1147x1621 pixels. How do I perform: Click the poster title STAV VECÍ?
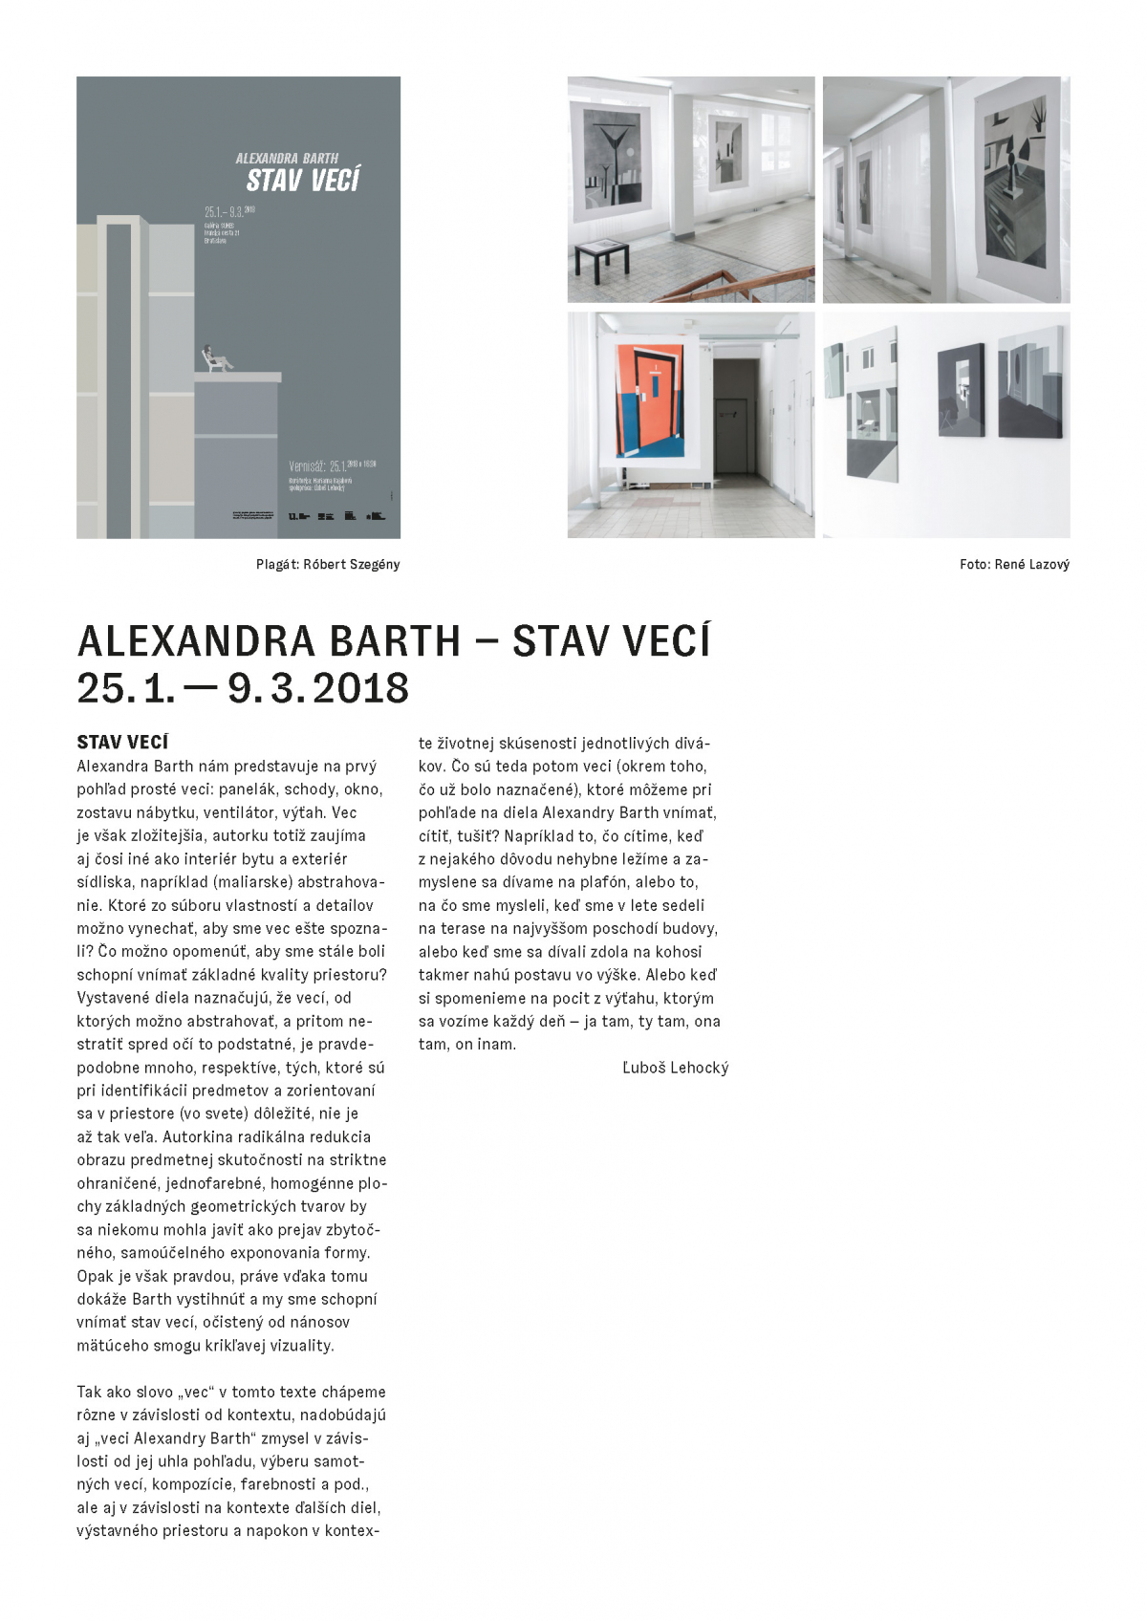302,180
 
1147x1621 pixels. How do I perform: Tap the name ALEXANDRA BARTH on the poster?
287,158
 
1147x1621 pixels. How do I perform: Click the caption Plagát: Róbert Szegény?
328,564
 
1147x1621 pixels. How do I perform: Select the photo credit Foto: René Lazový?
1014,564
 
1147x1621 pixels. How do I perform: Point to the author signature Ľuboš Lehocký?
675,1068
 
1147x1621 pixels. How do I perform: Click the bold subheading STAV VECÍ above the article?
122,742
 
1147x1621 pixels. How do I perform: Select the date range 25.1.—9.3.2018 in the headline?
243,688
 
